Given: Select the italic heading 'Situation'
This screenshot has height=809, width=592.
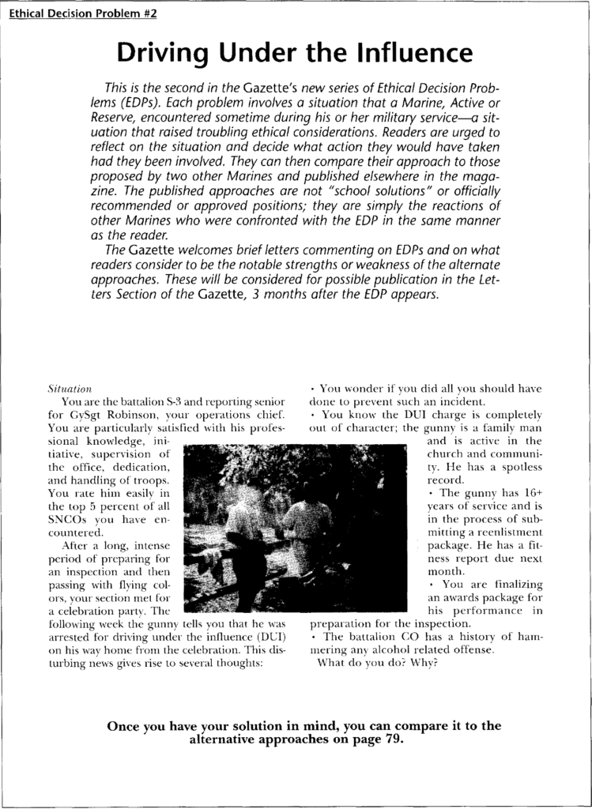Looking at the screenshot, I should (70, 389).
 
